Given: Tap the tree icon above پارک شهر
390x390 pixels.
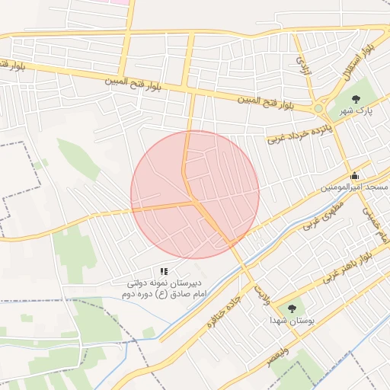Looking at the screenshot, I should click(x=356, y=97).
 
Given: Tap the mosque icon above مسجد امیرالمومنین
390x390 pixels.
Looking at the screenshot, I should click(x=354, y=176).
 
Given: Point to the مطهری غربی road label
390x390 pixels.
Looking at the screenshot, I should click(x=324, y=215).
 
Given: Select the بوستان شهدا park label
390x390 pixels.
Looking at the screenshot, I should click(x=290, y=321).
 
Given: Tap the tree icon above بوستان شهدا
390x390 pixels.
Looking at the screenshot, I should click(x=292, y=308).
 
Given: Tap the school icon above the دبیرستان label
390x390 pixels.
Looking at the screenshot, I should click(x=164, y=270).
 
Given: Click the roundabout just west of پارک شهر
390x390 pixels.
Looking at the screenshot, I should click(x=318, y=109).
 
